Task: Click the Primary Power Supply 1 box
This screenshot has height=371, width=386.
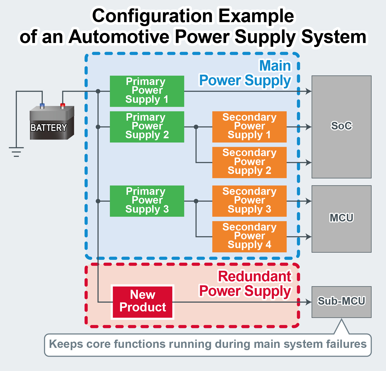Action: (x=147, y=91)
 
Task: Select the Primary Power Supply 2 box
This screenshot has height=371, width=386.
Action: (x=147, y=127)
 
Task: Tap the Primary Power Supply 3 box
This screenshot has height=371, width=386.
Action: (x=147, y=201)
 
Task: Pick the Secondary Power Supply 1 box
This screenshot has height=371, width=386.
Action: (x=249, y=127)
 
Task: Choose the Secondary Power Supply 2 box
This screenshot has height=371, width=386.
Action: (x=249, y=162)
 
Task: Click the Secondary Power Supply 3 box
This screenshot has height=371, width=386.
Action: (x=249, y=201)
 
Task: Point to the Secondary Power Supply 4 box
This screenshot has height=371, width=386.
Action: (x=249, y=237)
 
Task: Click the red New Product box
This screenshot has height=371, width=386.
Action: (x=143, y=302)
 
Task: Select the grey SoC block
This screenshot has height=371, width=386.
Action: (x=341, y=127)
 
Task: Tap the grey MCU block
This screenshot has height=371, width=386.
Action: (x=341, y=219)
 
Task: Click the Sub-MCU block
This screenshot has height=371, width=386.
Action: (x=341, y=302)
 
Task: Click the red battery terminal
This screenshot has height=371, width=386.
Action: (x=63, y=106)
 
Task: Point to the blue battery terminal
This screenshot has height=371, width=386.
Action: (x=42, y=106)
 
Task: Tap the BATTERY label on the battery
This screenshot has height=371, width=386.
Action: (x=49, y=128)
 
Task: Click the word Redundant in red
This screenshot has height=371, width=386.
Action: (x=254, y=276)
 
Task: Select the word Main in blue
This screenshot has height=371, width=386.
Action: (x=275, y=66)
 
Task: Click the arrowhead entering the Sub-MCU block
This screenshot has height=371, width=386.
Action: (x=309, y=302)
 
